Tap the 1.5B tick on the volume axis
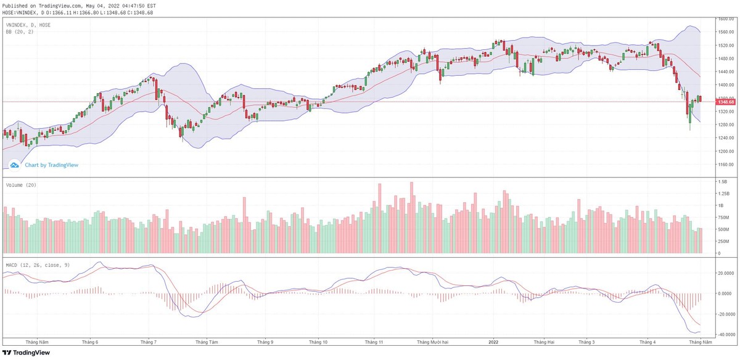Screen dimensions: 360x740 (721, 182)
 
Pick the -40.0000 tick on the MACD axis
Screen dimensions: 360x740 (724, 334)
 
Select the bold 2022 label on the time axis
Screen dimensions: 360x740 (493, 342)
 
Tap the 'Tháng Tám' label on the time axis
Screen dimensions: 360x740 (206, 342)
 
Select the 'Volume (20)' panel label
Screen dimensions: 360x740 (21, 185)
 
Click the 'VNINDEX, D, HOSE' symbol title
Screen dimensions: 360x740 (28, 25)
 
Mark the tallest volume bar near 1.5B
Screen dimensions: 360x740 (411, 218)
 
